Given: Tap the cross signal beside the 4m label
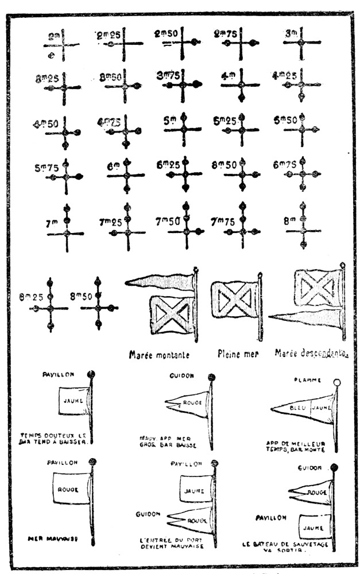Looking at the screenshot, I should tap(241, 84).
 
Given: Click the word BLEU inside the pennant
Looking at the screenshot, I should tap(298, 408).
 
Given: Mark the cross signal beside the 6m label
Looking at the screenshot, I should tap(126, 174).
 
